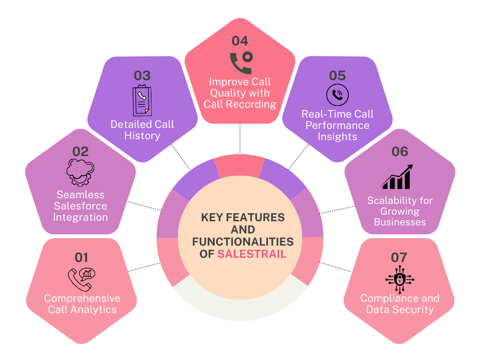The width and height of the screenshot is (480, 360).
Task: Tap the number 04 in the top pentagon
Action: pos(240,41)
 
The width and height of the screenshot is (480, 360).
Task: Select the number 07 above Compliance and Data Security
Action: pos(399,257)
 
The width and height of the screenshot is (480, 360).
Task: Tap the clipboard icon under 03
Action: pos(142,100)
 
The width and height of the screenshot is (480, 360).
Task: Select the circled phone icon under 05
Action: pos(337,95)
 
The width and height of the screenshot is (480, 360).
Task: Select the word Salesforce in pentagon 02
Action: pos(80,206)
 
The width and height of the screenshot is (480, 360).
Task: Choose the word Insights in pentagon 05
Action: pos(337,137)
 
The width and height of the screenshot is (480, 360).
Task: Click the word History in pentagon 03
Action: pos(142,136)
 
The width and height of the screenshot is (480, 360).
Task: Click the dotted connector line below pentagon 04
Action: pos(240,139)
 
